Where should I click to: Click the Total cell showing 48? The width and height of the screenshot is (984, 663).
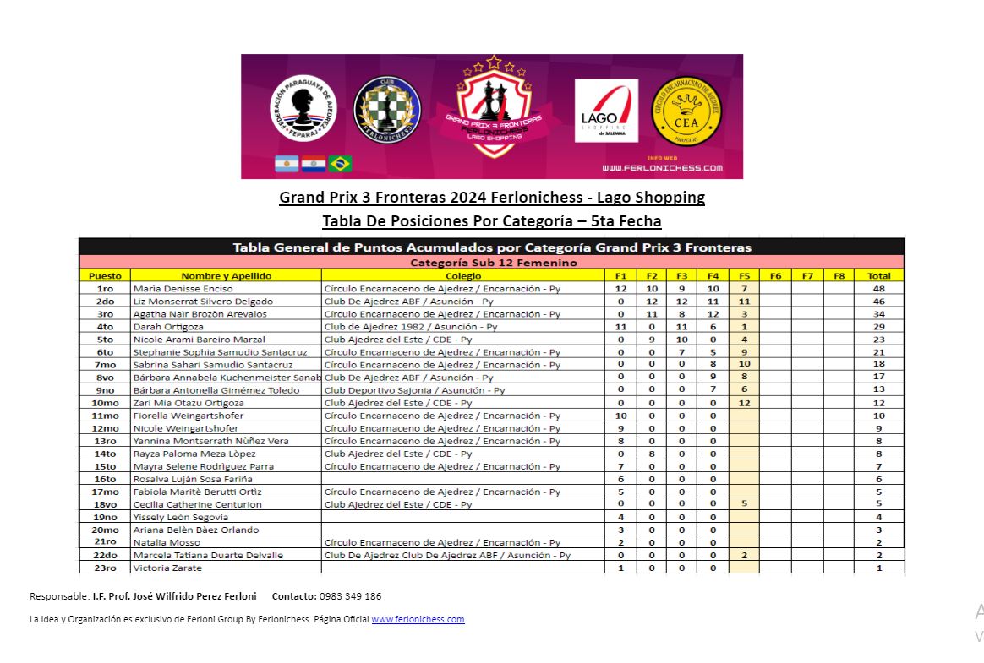[878, 289]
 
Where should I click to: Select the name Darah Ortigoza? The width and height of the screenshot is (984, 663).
[168, 327]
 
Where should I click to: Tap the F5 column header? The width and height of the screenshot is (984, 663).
[744, 275]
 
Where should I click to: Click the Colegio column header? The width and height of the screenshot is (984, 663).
[462, 275]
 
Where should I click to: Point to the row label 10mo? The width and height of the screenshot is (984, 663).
[106, 403]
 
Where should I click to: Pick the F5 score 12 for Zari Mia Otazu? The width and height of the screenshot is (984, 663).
[744, 403]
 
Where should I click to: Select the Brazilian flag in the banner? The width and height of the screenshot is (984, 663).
[340, 164]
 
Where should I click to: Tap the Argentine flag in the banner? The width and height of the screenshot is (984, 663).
[287, 164]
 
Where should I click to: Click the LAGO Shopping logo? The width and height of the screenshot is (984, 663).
[606, 111]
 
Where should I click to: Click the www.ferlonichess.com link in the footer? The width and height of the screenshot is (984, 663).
[418, 619]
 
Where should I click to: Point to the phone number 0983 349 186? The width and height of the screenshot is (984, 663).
[350, 596]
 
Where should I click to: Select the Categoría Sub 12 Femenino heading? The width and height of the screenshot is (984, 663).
[492, 263]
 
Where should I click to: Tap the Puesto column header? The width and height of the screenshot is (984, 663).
[106, 275]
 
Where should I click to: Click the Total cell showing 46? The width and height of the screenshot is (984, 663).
[878, 302]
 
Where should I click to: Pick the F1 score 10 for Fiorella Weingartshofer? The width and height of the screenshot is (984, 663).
[620, 416]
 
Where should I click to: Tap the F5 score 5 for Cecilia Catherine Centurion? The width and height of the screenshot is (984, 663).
[744, 504]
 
